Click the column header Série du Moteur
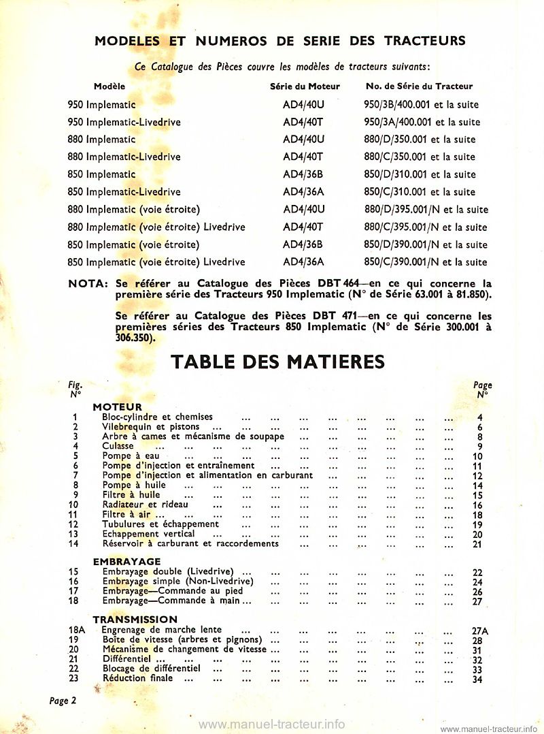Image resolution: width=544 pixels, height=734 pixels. (305, 86)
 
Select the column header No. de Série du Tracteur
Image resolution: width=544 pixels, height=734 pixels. (419, 86)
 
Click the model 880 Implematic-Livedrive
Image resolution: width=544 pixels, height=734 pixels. (124, 157)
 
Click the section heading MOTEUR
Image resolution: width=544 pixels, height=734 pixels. (117, 407)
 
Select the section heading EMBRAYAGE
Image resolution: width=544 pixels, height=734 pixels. (126, 562)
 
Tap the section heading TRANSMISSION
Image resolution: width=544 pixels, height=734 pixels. (135, 620)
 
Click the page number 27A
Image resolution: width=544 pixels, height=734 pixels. (480, 631)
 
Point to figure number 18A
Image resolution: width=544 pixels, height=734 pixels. (76, 631)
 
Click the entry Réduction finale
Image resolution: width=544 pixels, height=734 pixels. (137, 679)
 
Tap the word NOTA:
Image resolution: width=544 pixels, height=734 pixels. (88, 283)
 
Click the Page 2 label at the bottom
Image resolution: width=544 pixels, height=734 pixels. (63, 701)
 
